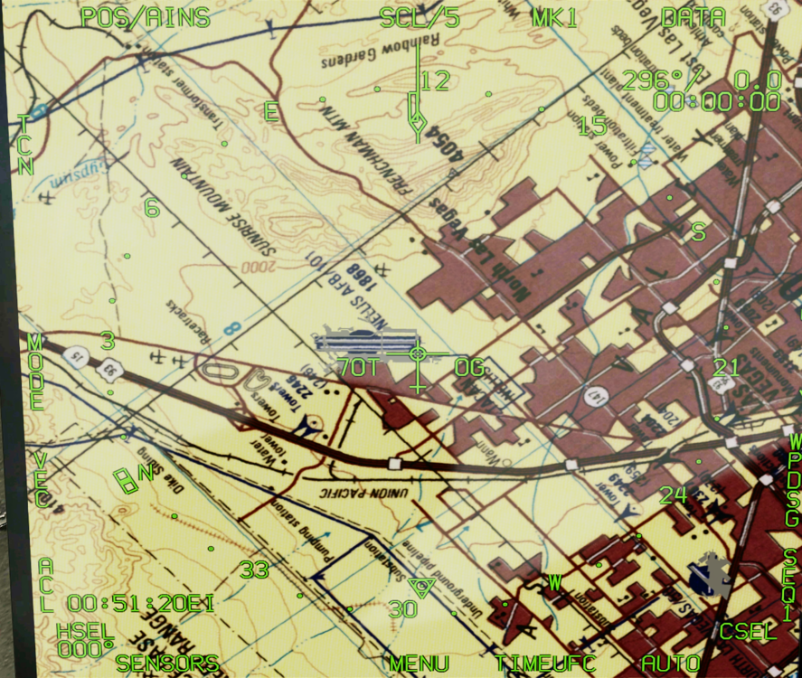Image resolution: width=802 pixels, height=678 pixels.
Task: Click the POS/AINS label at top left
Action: point(145,17)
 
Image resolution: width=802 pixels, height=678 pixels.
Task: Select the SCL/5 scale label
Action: point(420,17)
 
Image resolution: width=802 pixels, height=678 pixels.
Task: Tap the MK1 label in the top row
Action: point(554,17)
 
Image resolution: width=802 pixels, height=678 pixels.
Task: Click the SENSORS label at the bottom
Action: point(167,663)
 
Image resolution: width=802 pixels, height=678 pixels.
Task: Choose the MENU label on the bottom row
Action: point(420,664)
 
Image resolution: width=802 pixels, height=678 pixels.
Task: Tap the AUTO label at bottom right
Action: point(671,664)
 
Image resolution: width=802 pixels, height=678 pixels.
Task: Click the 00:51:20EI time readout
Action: point(141,603)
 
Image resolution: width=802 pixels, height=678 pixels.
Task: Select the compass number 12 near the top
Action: point(434,81)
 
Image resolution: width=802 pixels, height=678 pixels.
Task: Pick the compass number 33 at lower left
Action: point(254,570)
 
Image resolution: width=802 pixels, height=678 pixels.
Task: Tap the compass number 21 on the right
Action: point(726,367)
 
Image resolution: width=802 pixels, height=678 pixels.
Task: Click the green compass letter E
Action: point(270,111)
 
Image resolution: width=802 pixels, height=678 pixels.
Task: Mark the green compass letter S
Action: point(698,231)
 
